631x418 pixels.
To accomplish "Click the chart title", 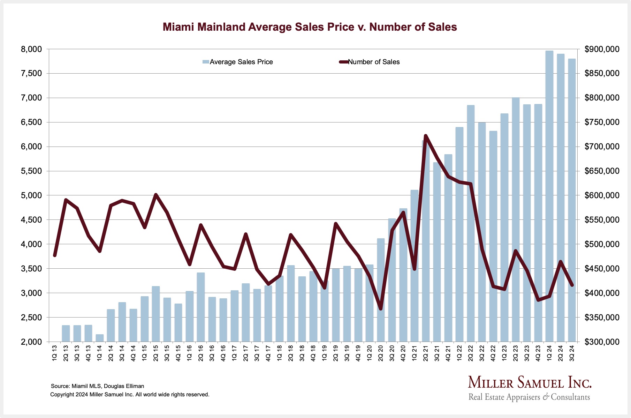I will [x=310, y=27].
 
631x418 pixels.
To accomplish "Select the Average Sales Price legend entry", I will [x=238, y=62].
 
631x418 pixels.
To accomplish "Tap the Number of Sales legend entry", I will [x=370, y=62].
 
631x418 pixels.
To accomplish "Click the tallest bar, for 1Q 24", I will [x=549, y=195].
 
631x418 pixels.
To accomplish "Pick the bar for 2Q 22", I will [x=471, y=223].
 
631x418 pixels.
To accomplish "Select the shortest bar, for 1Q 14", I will [x=100, y=338].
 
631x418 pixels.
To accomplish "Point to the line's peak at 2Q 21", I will [x=426, y=135].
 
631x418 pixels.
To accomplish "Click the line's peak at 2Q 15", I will [x=156, y=195].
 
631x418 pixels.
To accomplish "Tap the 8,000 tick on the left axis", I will [x=31, y=49].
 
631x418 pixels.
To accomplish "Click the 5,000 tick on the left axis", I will [x=31, y=195].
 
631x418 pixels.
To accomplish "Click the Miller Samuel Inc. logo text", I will [x=530, y=383].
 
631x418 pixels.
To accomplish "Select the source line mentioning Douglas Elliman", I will [x=97, y=386].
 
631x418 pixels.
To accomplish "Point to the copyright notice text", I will [x=130, y=395].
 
